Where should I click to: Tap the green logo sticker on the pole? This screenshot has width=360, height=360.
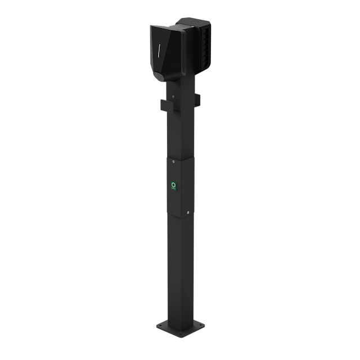click(174, 185)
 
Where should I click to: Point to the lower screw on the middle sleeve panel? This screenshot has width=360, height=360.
click(188, 213)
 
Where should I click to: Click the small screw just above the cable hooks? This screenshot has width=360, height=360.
click(173, 97)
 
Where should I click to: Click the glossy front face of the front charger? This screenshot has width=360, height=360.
click(163, 56)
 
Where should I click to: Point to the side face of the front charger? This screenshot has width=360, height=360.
click(183, 56)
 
